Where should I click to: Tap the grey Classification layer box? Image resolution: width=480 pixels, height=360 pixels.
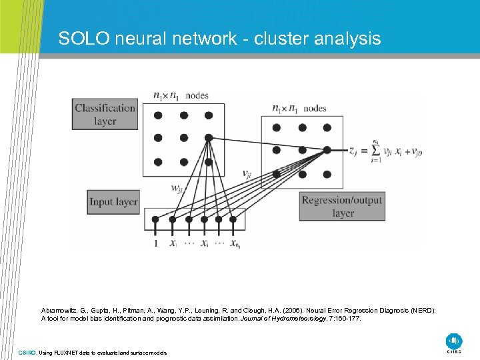click(x=105, y=114)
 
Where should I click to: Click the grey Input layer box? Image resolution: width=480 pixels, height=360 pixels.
click(x=113, y=201)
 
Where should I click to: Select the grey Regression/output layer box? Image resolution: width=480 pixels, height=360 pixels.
click(x=342, y=207)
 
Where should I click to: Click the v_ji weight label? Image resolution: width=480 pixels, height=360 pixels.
click(x=247, y=175)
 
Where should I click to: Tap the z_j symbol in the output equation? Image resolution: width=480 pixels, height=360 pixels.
click(x=353, y=151)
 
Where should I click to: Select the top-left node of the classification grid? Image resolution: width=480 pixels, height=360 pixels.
click(x=158, y=115)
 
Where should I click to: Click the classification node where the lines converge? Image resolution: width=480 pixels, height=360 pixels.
click(x=209, y=138)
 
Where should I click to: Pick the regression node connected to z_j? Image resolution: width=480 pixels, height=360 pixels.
click(x=327, y=151)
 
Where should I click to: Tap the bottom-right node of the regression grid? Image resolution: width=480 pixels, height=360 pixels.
click(x=327, y=174)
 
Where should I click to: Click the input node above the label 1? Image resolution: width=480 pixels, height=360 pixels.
click(x=157, y=219)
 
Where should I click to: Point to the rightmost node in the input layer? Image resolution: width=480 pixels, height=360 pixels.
click(x=233, y=219)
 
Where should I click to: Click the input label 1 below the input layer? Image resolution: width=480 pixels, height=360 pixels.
click(x=157, y=243)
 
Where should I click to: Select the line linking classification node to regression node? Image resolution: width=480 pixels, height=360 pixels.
click(x=267, y=145)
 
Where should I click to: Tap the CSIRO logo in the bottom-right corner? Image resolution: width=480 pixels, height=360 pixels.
click(x=454, y=341)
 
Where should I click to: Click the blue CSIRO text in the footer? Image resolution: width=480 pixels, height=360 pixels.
click(x=27, y=352)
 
